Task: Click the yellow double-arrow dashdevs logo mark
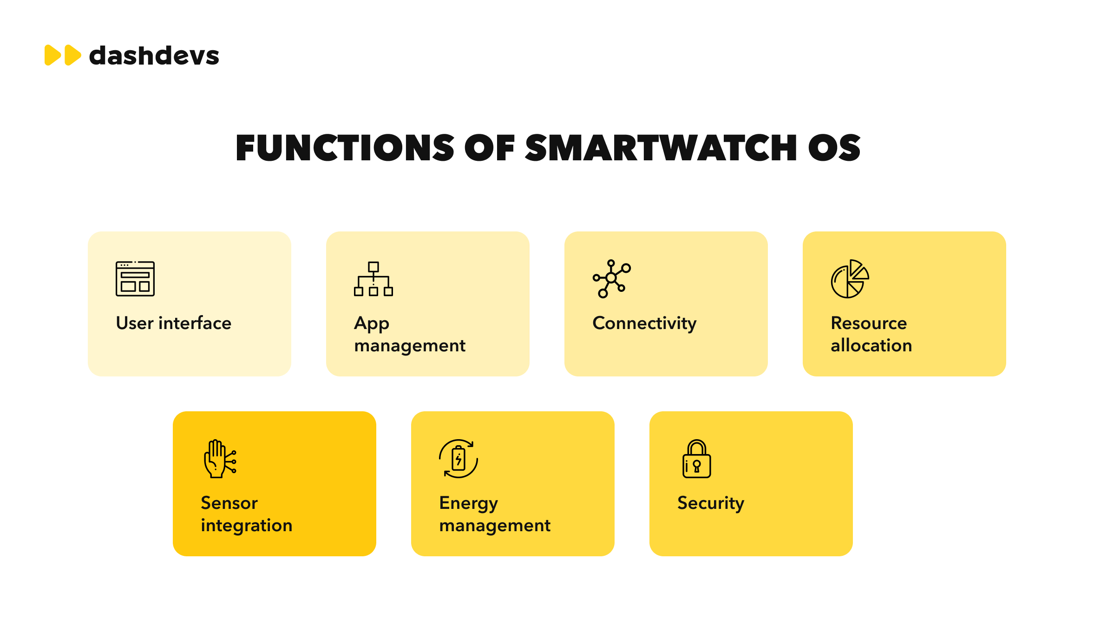pyautogui.click(x=63, y=55)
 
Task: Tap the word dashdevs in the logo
pyautogui.click(x=154, y=56)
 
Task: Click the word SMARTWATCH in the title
pyautogui.click(x=661, y=148)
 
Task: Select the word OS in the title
pyautogui.click(x=834, y=148)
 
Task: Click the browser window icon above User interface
pyautogui.click(x=135, y=279)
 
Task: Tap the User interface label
pyautogui.click(x=174, y=323)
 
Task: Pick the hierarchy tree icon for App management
pyautogui.click(x=373, y=279)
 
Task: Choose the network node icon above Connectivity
pyautogui.click(x=612, y=278)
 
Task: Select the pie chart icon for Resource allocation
pyautogui.click(x=850, y=279)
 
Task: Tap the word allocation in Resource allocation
pyautogui.click(x=871, y=345)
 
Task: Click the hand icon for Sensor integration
pyautogui.click(x=220, y=459)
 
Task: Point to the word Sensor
pyautogui.click(x=229, y=503)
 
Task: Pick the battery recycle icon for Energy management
pyautogui.click(x=459, y=459)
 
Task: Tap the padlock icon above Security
pyautogui.click(x=696, y=459)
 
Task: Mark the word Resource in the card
pyautogui.click(x=869, y=323)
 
